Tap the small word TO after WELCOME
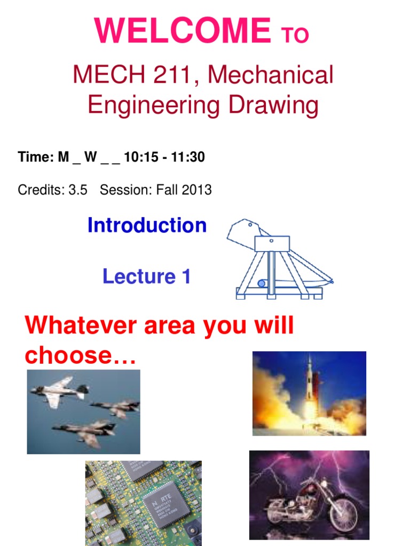(x=294, y=35)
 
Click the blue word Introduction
(x=147, y=226)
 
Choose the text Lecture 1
(x=146, y=277)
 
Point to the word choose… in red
(x=81, y=355)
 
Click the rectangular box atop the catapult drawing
(x=272, y=243)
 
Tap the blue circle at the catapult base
(x=262, y=283)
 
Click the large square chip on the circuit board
(x=165, y=503)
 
